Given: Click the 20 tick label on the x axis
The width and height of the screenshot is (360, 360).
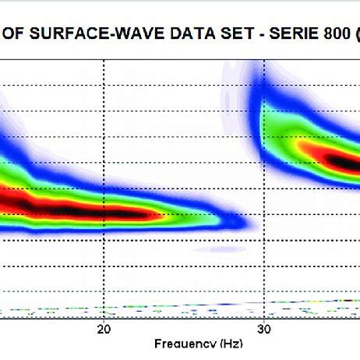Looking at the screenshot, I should [103, 330].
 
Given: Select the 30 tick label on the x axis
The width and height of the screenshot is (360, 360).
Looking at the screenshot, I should [263, 330].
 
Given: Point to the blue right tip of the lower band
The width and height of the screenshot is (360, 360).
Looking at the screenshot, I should [248, 224].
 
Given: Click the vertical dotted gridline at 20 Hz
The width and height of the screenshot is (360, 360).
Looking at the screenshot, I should [103, 156].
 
